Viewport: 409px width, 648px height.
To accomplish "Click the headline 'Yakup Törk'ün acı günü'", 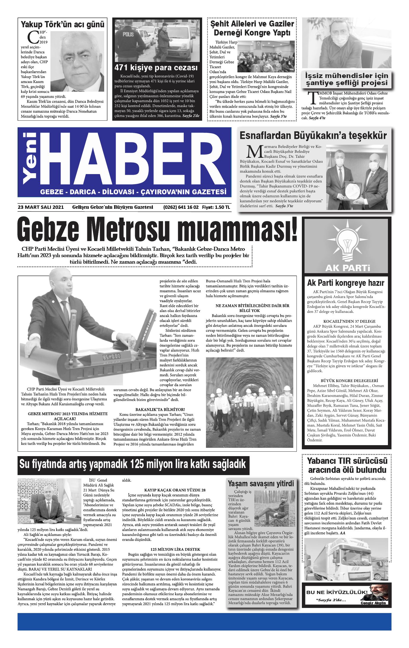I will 62,24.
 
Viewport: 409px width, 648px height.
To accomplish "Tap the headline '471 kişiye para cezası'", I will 156,68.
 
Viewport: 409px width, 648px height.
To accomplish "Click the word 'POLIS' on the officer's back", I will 128,34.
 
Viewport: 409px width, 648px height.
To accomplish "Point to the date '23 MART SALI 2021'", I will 41,207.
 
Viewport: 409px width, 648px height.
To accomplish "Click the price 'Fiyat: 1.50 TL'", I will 216,207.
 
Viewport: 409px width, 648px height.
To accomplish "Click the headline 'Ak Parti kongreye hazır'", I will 345,283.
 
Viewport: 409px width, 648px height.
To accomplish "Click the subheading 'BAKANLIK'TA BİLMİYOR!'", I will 160,409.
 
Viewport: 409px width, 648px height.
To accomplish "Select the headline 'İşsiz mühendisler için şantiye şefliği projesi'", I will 347,79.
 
